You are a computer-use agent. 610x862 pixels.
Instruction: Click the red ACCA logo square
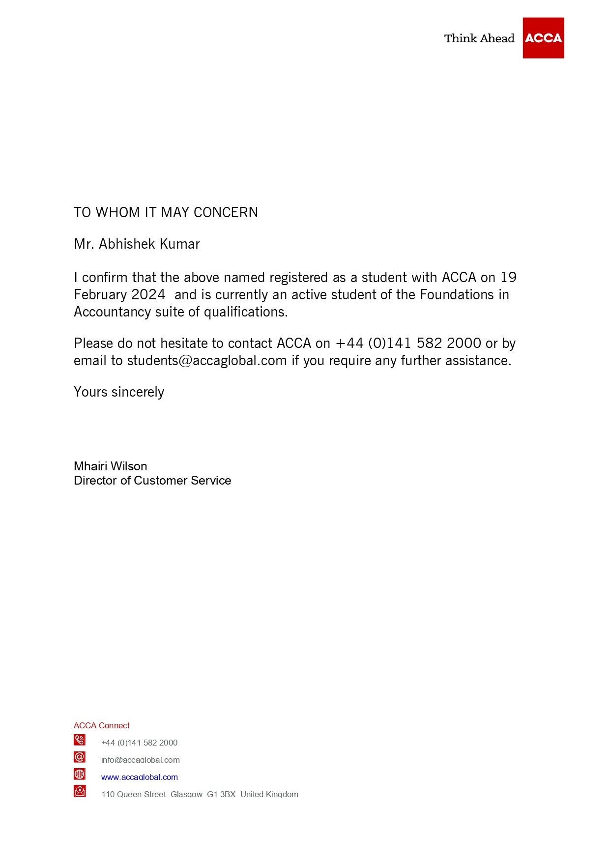tap(543, 38)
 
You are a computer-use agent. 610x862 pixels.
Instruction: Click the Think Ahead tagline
tap(479, 38)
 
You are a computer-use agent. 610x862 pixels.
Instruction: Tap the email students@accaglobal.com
tap(207, 361)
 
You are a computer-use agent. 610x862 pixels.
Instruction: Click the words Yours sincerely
tap(119, 392)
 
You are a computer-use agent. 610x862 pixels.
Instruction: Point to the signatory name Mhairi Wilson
tap(110, 466)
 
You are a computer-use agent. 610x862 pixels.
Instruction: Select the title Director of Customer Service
tap(152, 481)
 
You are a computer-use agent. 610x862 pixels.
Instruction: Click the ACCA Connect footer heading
tap(101, 725)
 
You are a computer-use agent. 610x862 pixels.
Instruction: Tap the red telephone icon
tap(80, 740)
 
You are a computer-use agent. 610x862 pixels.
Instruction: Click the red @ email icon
tap(80, 757)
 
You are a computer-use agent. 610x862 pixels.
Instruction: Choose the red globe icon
tap(80, 774)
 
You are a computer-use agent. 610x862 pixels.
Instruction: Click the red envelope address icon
tap(80, 791)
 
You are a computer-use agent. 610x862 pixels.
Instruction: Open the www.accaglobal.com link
tap(140, 777)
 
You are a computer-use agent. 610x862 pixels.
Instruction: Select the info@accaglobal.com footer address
tap(141, 760)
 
